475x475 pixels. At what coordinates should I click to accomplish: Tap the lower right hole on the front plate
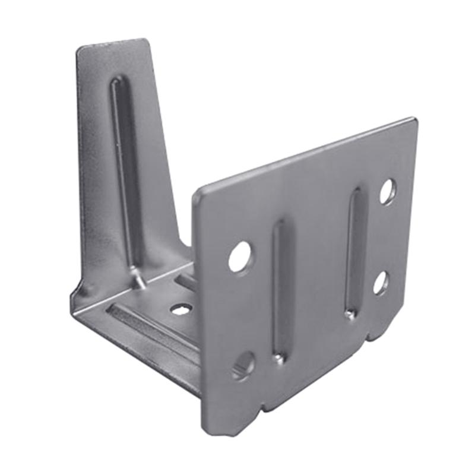[381, 283]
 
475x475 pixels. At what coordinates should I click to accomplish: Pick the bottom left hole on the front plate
[243, 365]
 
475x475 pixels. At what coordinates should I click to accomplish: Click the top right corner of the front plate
[414, 121]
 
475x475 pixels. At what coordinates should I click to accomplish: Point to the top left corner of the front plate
[199, 192]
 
